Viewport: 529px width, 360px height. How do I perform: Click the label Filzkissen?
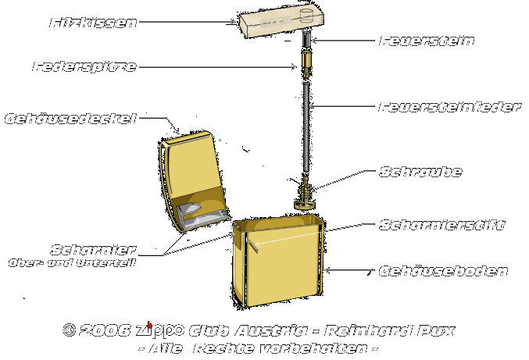tap(93, 23)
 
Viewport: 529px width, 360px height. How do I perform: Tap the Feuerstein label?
tap(426, 40)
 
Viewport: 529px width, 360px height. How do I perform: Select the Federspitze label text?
tap(84, 67)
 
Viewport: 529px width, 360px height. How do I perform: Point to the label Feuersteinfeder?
tap(449, 106)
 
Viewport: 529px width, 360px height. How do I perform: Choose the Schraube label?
tap(420, 172)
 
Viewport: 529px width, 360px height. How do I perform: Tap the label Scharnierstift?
tap(441, 225)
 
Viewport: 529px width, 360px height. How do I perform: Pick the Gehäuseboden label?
tap(443, 272)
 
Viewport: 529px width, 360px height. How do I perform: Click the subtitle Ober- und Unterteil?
tap(72, 263)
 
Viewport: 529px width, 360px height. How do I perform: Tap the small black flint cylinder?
tap(307, 40)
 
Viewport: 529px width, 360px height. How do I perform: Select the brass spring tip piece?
tap(307, 62)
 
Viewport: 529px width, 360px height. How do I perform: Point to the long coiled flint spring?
tap(307, 125)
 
